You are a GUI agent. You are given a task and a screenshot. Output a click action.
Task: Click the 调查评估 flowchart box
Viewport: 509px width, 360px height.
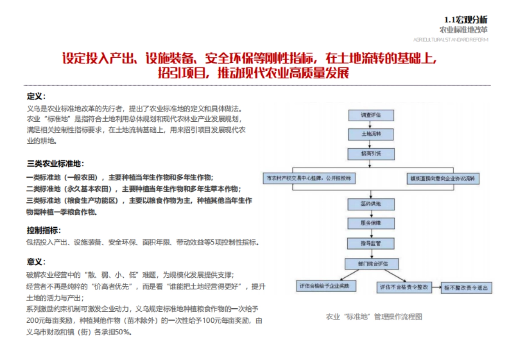tap(371, 115)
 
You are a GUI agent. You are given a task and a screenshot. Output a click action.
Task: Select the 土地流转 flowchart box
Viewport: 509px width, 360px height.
tap(371, 134)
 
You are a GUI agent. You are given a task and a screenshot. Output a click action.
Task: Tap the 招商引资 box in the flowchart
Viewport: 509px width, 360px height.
tap(371, 153)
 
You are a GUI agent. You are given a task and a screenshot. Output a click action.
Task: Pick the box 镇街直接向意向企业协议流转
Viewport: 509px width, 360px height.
tap(442, 179)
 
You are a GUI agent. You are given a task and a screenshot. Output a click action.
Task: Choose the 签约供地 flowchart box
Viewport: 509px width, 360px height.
tap(371, 204)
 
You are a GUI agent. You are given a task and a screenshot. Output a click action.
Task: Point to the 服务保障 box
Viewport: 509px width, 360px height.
tap(371, 223)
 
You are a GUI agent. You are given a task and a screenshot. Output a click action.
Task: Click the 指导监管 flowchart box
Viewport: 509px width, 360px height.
tap(371, 243)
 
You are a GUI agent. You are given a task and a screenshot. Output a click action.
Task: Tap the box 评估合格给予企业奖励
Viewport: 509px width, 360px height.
tap(326, 286)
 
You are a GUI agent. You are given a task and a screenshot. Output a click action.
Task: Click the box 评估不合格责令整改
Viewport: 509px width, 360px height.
tap(404, 287)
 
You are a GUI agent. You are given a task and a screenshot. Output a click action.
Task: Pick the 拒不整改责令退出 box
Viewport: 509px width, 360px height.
tap(467, 287)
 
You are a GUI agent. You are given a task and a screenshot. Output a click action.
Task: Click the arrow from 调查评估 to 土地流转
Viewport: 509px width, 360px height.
tap(371, 125)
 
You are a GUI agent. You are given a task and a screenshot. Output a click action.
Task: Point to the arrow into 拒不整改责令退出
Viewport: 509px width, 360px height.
tap(436, 287)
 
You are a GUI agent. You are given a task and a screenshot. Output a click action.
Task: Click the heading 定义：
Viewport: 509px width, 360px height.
tap(36, 96)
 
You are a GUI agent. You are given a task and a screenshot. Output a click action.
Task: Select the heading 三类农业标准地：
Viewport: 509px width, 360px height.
tap(56, 163)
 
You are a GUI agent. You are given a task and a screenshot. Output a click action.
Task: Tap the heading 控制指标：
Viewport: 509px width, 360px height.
tap(44, 230)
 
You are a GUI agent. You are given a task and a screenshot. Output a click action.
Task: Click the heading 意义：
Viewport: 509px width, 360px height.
tap(36, 262)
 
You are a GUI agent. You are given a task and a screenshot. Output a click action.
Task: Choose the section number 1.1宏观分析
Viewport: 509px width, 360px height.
tap(466, 20)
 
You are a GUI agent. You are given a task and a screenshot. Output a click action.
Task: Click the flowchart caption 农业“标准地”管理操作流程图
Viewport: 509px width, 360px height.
tap(374, 317)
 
